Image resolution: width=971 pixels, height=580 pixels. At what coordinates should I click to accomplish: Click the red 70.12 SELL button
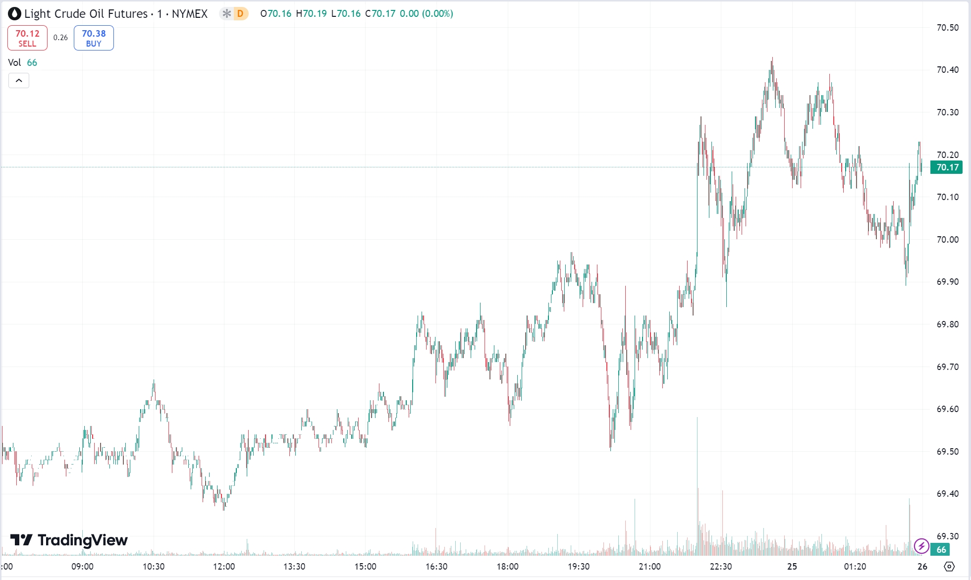(x=27, y=38)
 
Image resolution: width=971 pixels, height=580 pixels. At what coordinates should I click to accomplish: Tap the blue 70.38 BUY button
(x=94, y=38)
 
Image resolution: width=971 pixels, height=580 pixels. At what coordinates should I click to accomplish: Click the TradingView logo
(x=69, y=540)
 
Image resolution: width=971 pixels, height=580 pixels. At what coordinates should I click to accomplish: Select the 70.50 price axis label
(x=947, y=28)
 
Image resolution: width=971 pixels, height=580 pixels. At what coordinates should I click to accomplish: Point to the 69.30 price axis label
(x=947, y=536)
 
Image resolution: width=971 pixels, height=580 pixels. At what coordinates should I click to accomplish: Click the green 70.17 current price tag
(x=947, y=167)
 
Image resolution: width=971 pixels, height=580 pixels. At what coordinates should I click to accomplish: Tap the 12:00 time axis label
(x=224, y=567)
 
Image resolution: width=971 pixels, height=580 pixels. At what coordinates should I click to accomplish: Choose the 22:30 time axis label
(x=720, y=567)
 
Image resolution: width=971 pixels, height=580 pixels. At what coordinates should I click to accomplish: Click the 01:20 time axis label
(x=855, y=567)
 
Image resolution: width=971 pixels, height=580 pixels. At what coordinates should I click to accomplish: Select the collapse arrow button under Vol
(x=19, y=80)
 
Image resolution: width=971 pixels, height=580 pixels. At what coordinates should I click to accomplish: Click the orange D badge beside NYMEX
(x=240, y=14)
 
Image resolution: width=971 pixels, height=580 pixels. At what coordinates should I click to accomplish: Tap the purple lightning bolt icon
(x=921, y=546)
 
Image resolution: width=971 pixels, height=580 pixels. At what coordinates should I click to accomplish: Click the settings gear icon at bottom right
(x=949, y=567)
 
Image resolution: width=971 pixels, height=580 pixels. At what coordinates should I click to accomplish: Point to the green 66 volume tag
(x=941, y=549)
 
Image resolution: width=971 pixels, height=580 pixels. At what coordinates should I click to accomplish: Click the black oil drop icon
(x=14, y=14)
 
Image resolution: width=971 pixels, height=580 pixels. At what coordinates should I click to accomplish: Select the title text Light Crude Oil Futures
(x=86, y=14)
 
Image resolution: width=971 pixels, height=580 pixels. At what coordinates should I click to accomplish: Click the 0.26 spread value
(x=60, y=38)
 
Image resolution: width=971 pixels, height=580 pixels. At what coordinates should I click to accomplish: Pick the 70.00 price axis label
(x=947, y=240)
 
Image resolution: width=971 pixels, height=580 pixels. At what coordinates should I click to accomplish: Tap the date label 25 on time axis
(x=792, y=567)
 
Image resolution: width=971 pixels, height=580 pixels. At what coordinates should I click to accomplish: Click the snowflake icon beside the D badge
(x=226, y=14)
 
